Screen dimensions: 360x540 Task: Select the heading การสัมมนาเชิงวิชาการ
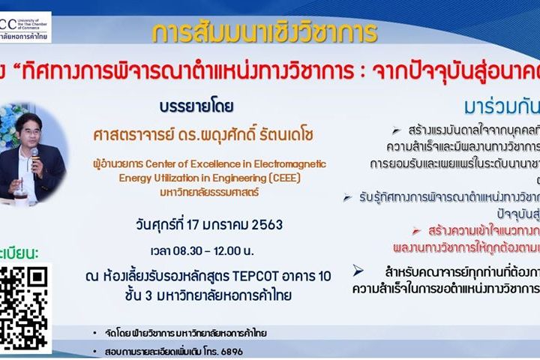[264, 33]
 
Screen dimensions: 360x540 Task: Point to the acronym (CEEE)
[295, 178]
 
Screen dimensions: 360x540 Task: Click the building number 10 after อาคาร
[323, 276]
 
